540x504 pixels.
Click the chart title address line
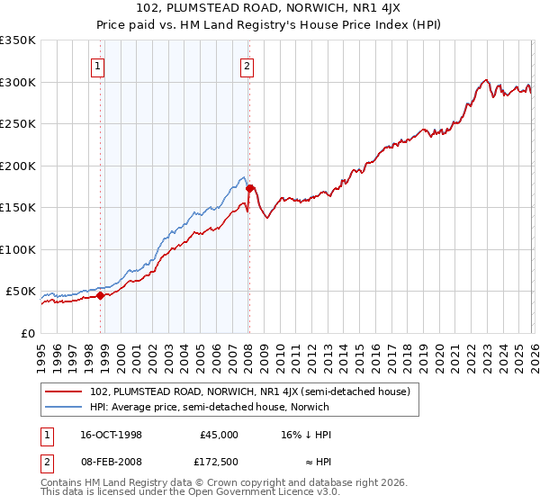point(270,10)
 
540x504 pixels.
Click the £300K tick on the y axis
point(18,82)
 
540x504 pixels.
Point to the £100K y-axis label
point(18,249)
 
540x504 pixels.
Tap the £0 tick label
point(29,333)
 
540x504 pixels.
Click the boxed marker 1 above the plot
point(97,65)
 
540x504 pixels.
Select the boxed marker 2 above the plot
point(247,65)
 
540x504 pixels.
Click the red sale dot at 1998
point(101,295)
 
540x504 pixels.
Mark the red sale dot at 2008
point(249,188)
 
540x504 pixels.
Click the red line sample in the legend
point(65,391)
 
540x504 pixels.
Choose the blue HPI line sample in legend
point(65,407)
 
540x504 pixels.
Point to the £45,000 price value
point(219,435)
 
